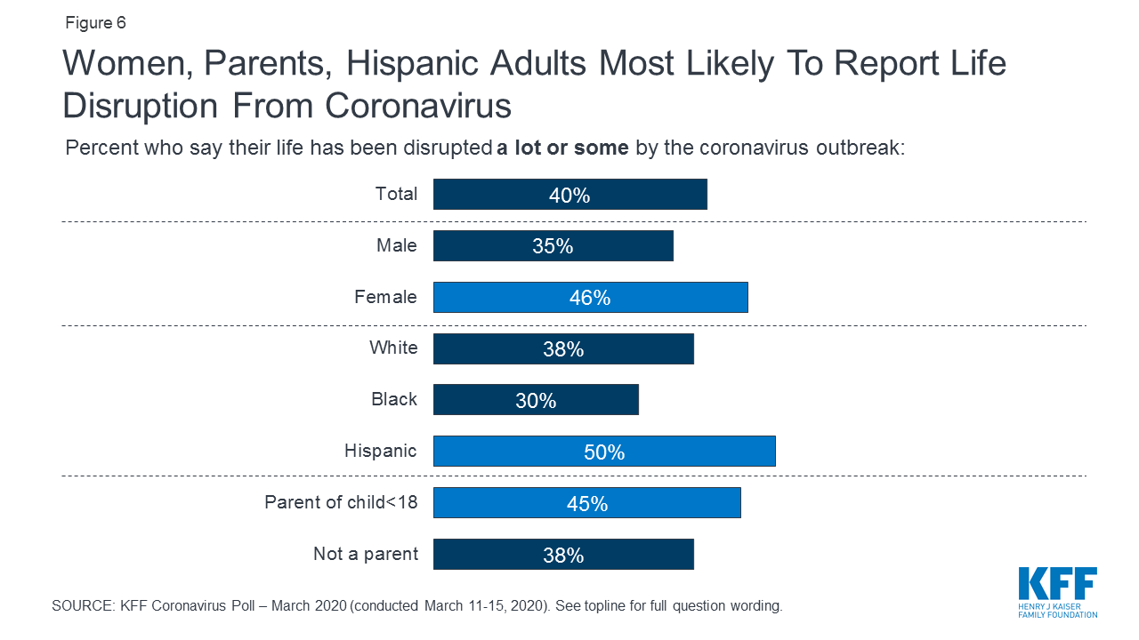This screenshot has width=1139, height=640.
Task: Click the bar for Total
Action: [x=498, y=195]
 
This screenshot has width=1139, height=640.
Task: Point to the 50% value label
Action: [x=604, y=452]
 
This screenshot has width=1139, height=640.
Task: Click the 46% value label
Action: [x=590, y=299]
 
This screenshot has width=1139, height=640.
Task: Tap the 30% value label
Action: [x=536, y=401]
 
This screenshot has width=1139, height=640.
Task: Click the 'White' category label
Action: [x=393, y=348]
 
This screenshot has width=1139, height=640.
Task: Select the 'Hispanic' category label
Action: [x=380, y=451]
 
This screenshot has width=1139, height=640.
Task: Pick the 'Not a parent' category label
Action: [x=365, y=554]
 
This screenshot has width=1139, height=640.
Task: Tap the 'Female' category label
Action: [x=385, y=296]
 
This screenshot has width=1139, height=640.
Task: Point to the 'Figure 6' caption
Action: [x=95, y=23]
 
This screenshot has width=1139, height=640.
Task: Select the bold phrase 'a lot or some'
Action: [x=562, y=148]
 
